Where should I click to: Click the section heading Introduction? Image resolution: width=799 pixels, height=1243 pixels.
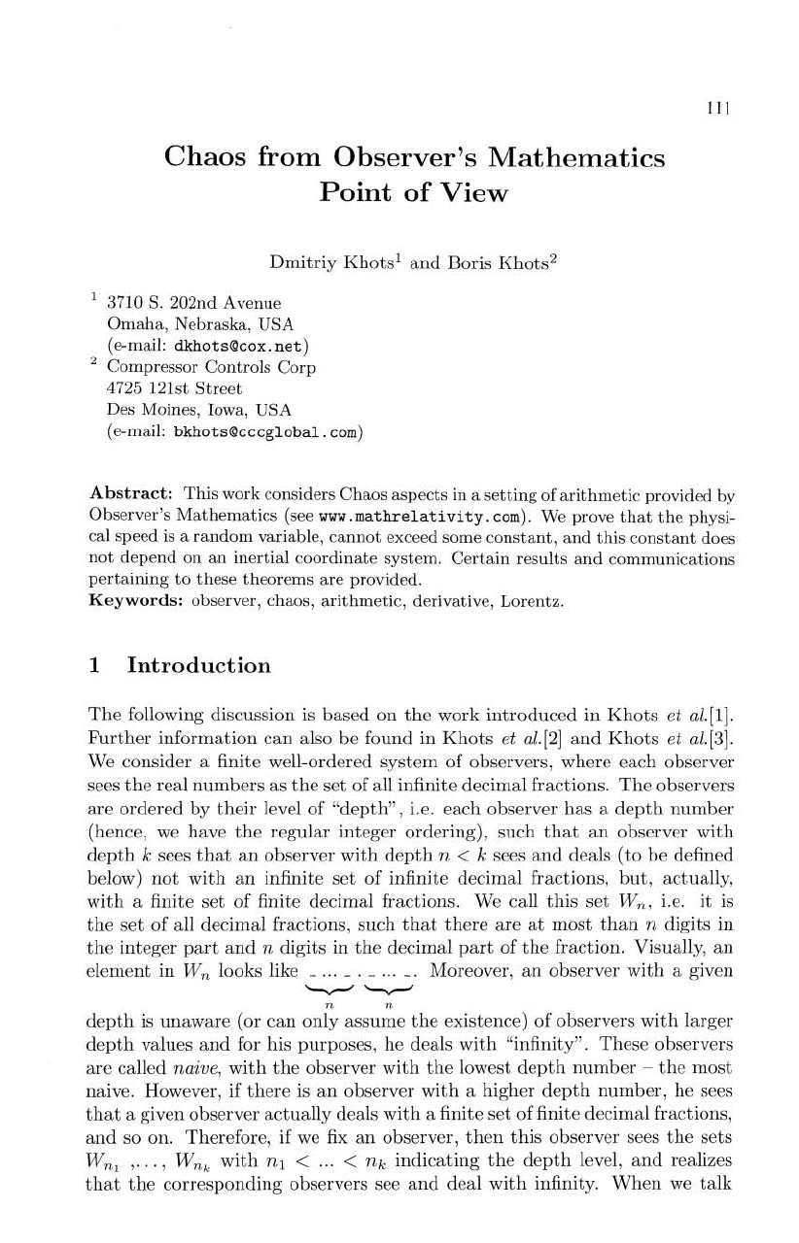pyautogui.click(x=199, y=666)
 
